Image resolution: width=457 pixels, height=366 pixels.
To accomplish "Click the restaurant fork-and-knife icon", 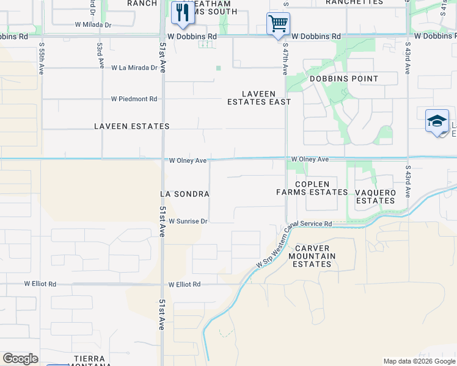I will [x=182, y=13].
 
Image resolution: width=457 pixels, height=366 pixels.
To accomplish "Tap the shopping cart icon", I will [x=278, y=24].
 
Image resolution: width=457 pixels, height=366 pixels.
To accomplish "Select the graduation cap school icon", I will [x=437, y=121].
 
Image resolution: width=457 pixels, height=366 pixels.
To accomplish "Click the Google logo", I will [x=20, y=359].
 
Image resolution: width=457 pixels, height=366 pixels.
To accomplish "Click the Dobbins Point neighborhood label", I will [x=344, y=79].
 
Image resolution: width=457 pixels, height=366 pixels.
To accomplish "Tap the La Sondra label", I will [x=185, y=194].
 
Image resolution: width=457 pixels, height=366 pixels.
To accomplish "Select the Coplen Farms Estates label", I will [x=312, y=188].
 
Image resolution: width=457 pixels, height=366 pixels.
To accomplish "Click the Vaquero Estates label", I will [x=375, y=196].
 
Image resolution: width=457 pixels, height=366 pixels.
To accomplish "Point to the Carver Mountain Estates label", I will [x=312, y=256].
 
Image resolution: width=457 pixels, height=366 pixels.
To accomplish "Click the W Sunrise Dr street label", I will [x=188, y=221].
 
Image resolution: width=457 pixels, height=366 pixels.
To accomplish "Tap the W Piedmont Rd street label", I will [x=134, y=99].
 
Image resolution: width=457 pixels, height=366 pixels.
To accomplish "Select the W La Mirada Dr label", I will [x=134, y=68].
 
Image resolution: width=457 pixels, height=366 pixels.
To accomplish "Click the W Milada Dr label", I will [x=93, y=25].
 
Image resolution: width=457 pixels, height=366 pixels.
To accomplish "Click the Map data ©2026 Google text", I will [x=419, y=361].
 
